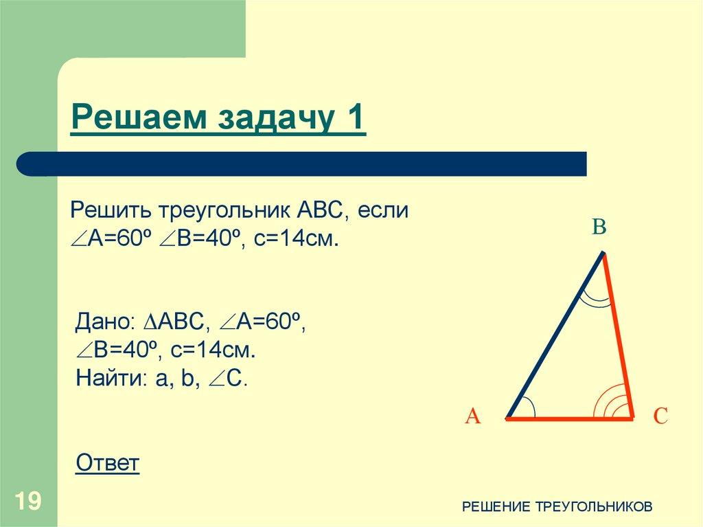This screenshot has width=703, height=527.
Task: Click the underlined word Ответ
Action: point(108,463)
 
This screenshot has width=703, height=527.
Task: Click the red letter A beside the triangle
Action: point(472,416)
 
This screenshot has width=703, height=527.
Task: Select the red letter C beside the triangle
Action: point(660,416)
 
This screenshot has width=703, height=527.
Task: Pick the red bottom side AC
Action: point(570,417)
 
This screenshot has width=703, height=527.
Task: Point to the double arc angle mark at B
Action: point(595,298)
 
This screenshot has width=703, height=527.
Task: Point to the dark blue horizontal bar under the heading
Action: point(302,164)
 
